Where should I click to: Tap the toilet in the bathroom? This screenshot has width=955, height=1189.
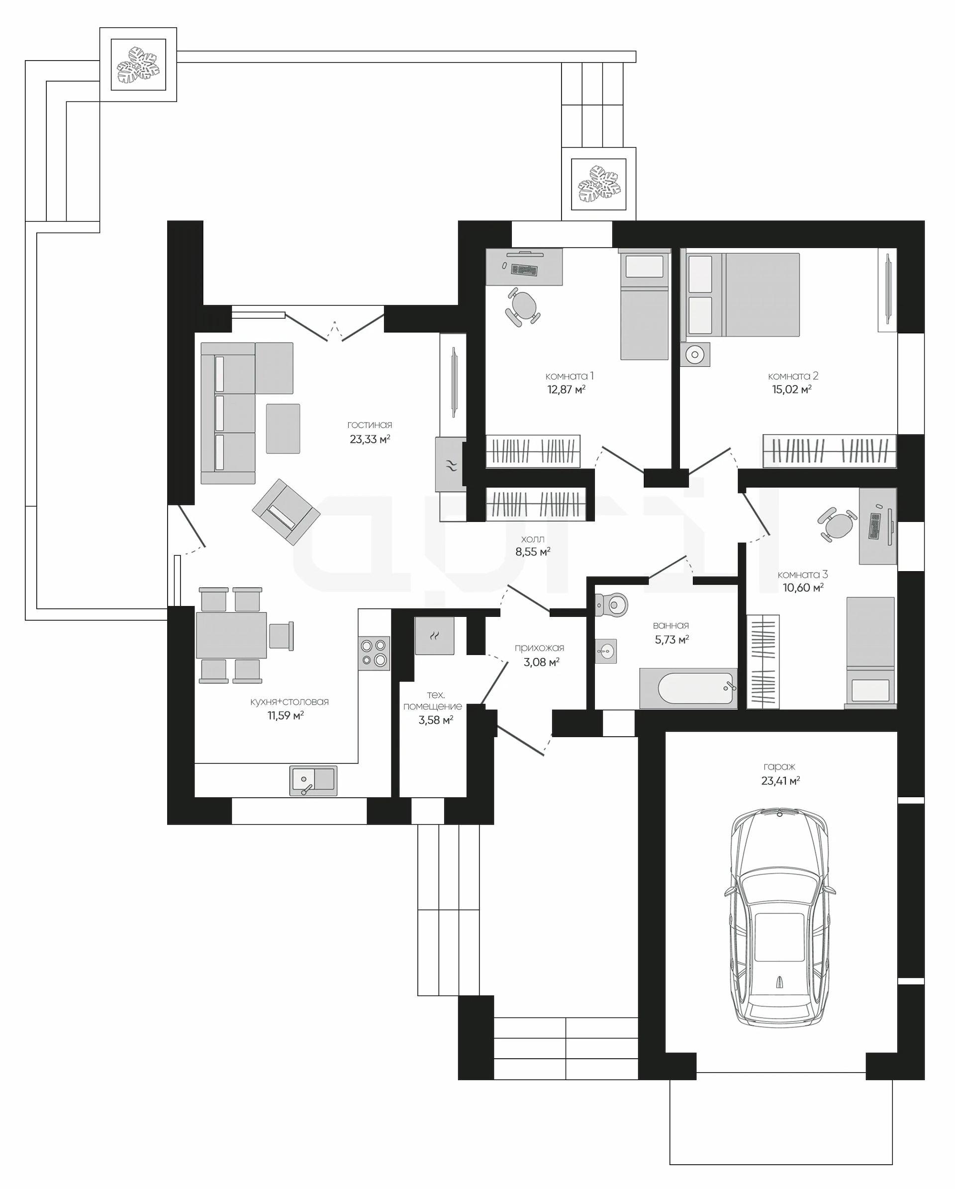[612, 604]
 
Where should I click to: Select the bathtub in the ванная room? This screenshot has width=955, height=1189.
[688, 688]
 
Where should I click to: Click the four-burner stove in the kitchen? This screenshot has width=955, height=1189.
[374, 654]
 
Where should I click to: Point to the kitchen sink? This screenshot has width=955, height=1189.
[313, 780]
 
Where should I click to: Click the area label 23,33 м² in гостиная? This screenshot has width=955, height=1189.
[370, 439]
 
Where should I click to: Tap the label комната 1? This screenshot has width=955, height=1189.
[570, 376]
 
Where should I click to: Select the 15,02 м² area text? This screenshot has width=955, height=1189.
[792, 389]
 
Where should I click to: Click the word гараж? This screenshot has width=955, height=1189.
[779, 766]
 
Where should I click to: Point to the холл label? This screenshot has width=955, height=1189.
[532, 539]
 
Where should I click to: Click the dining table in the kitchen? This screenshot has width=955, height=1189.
[231, 635]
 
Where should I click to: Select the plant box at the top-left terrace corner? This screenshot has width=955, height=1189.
[138, 64]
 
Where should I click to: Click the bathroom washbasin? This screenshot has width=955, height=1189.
[606, 651]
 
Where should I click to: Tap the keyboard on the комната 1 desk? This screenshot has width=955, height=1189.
[524, 270]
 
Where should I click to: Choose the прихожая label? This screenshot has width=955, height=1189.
[540, 648]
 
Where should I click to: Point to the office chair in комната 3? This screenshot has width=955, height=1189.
[837, 524]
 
